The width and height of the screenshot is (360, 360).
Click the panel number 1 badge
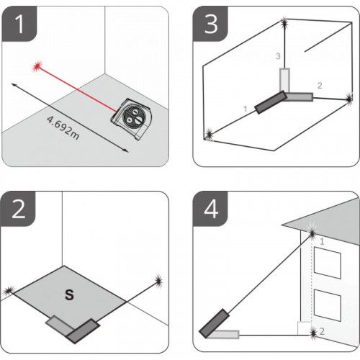19,24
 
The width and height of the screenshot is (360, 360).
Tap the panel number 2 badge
18,209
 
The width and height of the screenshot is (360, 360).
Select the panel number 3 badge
210,24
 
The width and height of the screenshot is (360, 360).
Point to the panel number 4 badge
210,209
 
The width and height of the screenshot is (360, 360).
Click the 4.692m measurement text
63,127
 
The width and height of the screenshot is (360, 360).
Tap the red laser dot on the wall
37,66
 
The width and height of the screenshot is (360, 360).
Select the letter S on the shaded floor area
69,294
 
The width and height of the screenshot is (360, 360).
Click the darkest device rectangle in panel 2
83,331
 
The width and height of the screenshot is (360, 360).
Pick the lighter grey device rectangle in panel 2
60,325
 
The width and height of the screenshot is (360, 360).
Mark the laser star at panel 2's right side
158,281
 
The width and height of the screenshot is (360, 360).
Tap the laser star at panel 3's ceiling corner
284,23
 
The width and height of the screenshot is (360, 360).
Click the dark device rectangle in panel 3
271,102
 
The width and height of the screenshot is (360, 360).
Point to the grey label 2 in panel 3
320,86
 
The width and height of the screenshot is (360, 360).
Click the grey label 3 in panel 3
278,56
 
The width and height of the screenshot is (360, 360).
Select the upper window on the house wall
328,263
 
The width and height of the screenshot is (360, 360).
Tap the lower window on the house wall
328,305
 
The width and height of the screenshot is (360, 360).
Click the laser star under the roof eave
312,233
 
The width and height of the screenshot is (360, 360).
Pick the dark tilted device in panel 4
214,323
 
